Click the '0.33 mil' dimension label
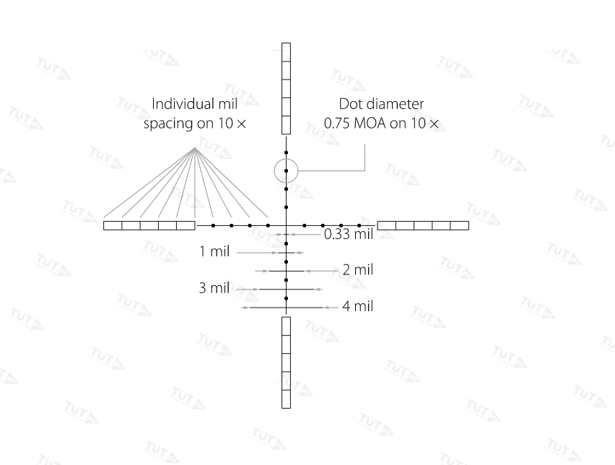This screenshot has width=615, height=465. click(349, 234)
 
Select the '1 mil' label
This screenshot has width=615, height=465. click(214, 251)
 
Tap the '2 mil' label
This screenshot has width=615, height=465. click(358, 270)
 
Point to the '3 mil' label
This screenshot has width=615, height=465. click(214, 288)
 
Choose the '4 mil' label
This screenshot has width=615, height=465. click(358, 306)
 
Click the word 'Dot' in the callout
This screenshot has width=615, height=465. click(349, 104)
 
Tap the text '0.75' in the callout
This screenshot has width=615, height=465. click(336, 123)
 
